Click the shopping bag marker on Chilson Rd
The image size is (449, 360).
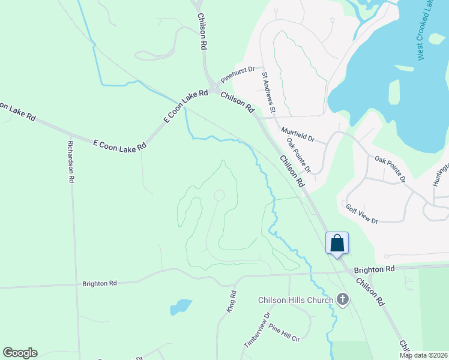(x=337, y=243)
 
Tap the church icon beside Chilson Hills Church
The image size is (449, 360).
(x=343, y=299)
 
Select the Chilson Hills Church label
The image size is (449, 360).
(x=295, y=300)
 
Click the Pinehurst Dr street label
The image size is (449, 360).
(x=238, y=74)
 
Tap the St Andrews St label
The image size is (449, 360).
(x=268, y=93)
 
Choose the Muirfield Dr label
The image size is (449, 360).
(x=298, y=134)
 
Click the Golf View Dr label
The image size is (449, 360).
(x=361, y=214)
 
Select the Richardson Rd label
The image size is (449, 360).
(x=71, y=161)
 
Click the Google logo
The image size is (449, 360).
(x=20, y=353)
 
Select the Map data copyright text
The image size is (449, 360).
(x=423, y=355)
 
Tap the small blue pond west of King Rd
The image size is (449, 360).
(x=181, y=307)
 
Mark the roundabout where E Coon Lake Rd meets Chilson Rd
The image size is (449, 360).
(x=213, y=88)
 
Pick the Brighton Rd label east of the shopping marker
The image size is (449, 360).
(x=374, y=270)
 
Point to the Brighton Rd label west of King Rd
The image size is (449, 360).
(x=100, y=283)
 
